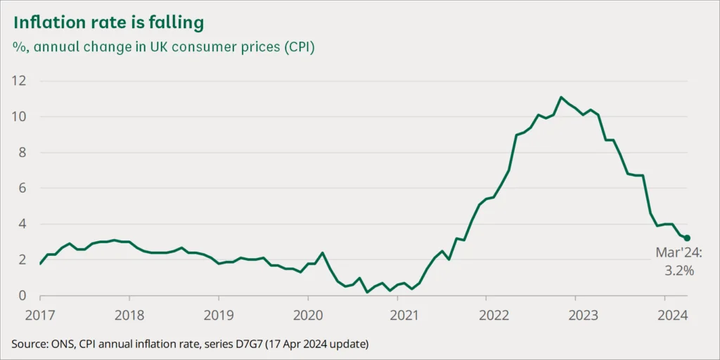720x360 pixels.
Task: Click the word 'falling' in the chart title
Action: click(177, 23)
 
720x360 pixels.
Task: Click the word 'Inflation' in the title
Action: click(46, 23)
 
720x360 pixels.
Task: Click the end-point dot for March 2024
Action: click(687, 238)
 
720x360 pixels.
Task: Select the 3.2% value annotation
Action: click(680, 269)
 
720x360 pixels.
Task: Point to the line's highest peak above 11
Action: click(561, 97)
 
